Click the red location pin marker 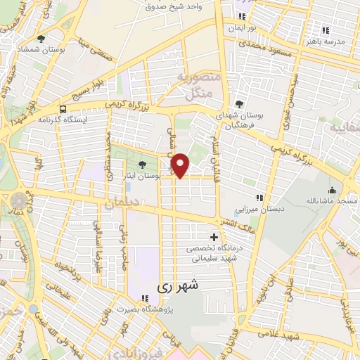[181, 165]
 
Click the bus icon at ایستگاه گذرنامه [63, 109]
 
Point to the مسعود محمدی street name [264, 44]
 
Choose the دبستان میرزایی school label [240, 210]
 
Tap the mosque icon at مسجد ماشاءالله [332, 190]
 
